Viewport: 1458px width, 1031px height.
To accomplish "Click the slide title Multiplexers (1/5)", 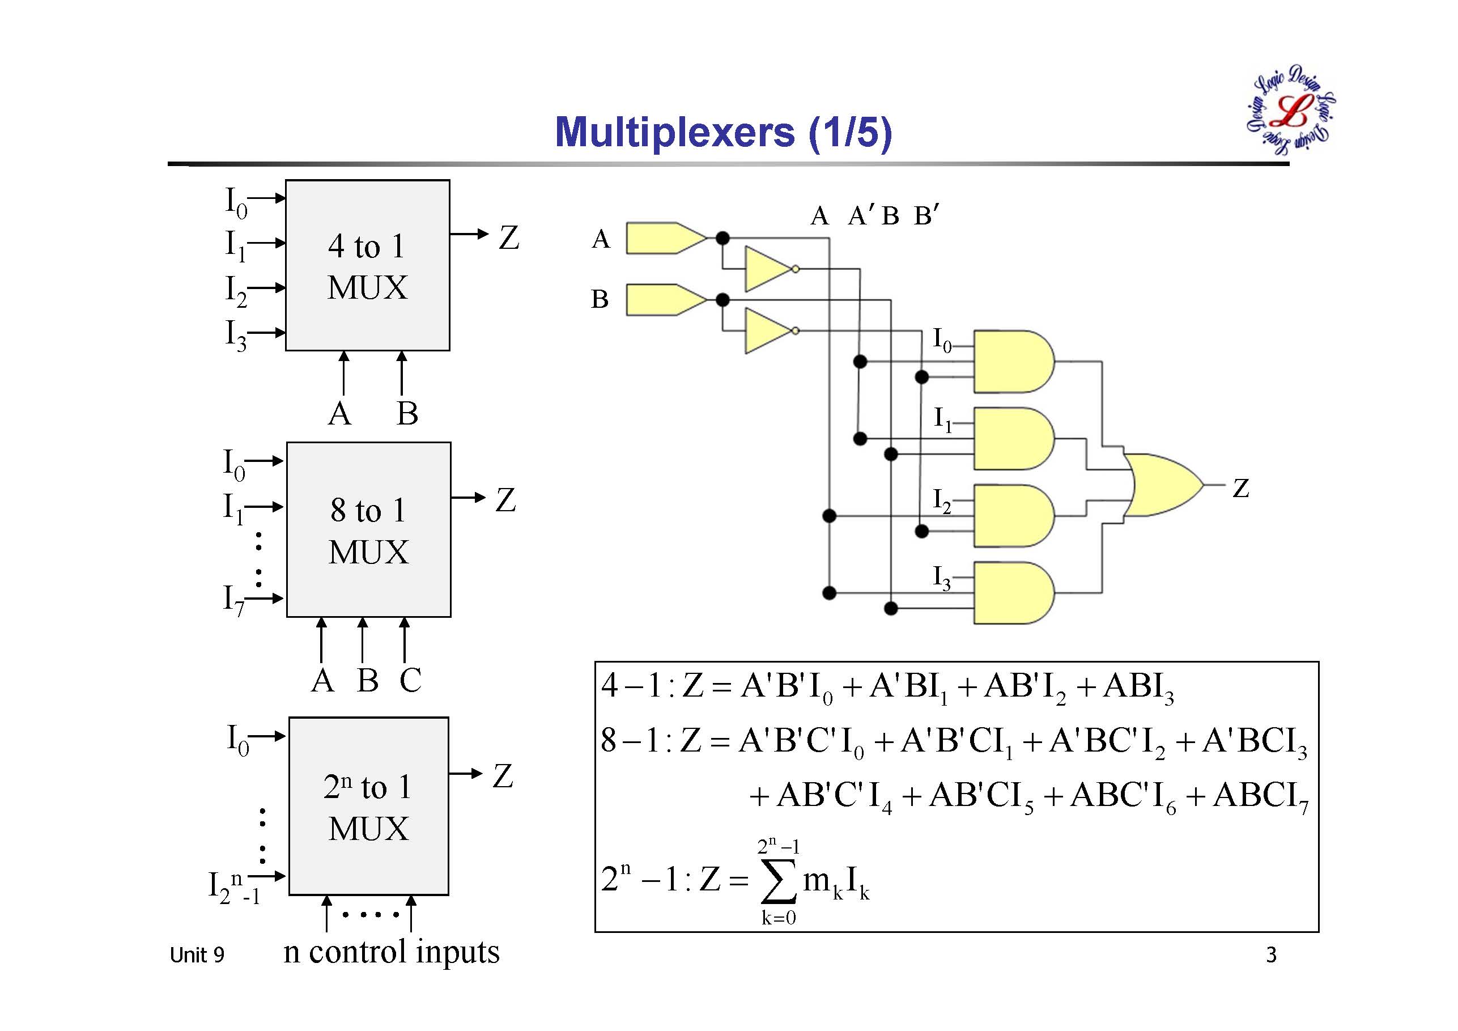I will coord(723,132).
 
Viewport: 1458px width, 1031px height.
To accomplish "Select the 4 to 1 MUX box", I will coord(368,265).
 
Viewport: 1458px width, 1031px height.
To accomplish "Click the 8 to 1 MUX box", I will coord(368,529).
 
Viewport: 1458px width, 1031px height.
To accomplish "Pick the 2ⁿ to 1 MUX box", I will coord(368,806).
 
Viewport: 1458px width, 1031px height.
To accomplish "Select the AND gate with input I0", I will coord(1012,362).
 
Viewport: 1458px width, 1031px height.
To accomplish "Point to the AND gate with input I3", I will coord(1012,593).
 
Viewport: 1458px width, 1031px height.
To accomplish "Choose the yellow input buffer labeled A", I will coord(664,238).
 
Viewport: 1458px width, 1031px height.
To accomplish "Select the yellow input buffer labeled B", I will coord(664,300).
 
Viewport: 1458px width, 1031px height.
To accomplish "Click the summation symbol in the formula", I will coord(779,881).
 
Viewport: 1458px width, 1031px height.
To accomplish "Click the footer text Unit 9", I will coord(197,955).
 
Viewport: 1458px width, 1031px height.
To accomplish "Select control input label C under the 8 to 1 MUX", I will coord(410,680).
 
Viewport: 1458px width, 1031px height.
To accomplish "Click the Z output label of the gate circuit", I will coord(1241,488).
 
